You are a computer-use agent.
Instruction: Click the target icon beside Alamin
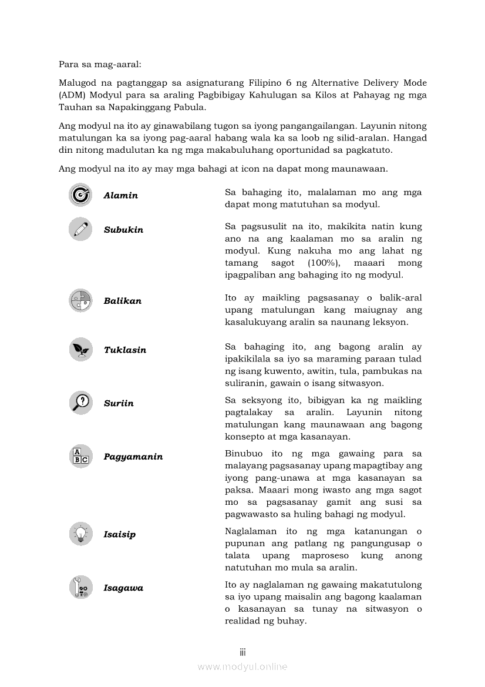80,195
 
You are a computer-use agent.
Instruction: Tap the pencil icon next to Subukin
80,229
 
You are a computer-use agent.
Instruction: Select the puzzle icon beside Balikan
80,301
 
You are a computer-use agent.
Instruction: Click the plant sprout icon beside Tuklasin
80,350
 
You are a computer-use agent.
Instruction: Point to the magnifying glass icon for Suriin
80,403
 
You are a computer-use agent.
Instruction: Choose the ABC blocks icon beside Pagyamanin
80,457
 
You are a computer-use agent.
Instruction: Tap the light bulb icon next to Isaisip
80,534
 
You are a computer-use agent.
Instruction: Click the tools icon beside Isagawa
80,588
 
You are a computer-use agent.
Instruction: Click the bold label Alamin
121,196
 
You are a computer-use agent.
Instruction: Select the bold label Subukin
123,230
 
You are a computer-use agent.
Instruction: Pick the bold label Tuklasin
125,350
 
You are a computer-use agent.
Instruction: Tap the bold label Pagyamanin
133,457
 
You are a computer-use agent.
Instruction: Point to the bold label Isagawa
123,588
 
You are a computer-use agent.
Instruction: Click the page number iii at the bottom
242,652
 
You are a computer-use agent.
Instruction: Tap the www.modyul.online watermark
242,666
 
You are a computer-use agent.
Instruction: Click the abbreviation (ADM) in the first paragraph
72,95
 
